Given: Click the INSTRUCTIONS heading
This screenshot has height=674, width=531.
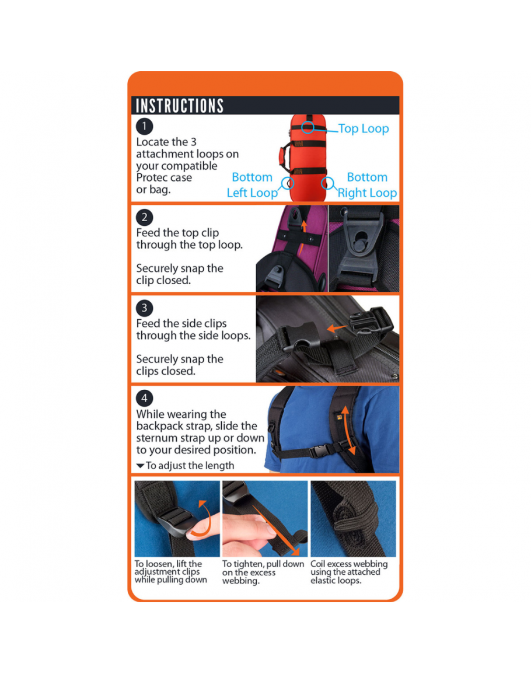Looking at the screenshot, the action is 180,106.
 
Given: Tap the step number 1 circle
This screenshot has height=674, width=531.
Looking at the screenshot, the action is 145,127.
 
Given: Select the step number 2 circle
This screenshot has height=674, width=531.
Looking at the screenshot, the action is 145,217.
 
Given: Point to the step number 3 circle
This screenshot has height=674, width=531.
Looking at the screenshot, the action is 145,308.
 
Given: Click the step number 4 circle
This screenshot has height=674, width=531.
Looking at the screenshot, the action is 145,398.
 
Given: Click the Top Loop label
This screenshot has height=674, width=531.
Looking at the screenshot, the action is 364,128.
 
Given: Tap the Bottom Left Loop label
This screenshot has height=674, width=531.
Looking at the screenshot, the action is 252,185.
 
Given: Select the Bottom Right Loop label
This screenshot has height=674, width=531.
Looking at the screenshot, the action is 367,185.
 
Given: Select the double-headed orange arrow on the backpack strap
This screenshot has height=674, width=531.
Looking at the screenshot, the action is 348,430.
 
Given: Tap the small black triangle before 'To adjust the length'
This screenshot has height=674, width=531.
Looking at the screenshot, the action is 140,466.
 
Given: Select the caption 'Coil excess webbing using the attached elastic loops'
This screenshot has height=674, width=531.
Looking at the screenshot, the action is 349,572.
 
